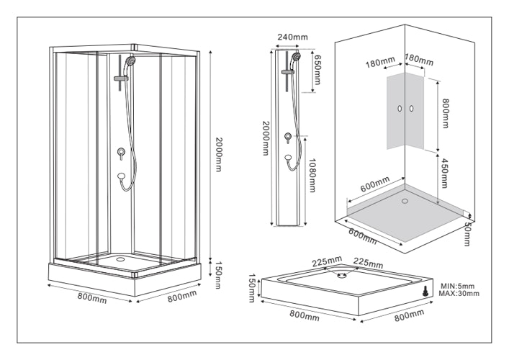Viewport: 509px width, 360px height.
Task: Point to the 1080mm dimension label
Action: pyautogui.click(x=312, y=176)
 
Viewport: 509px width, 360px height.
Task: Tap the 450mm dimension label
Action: pyautogui.click(x=446, y=171)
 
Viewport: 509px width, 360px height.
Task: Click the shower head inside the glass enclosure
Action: pyautogui.click(x=130, y=61)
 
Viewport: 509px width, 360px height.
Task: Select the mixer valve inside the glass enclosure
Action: pyautogui.click(x=121, y=152)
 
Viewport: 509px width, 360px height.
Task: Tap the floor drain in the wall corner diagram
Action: pyautogui.click(x=404, y=201)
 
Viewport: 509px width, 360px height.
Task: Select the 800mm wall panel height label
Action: pyautogui.click(x=446, y=112)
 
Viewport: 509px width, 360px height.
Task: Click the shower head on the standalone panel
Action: pyautogui.click(x=296, y=57)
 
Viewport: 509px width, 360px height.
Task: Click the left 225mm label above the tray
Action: pyautogui.click(x=326, y=261)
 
